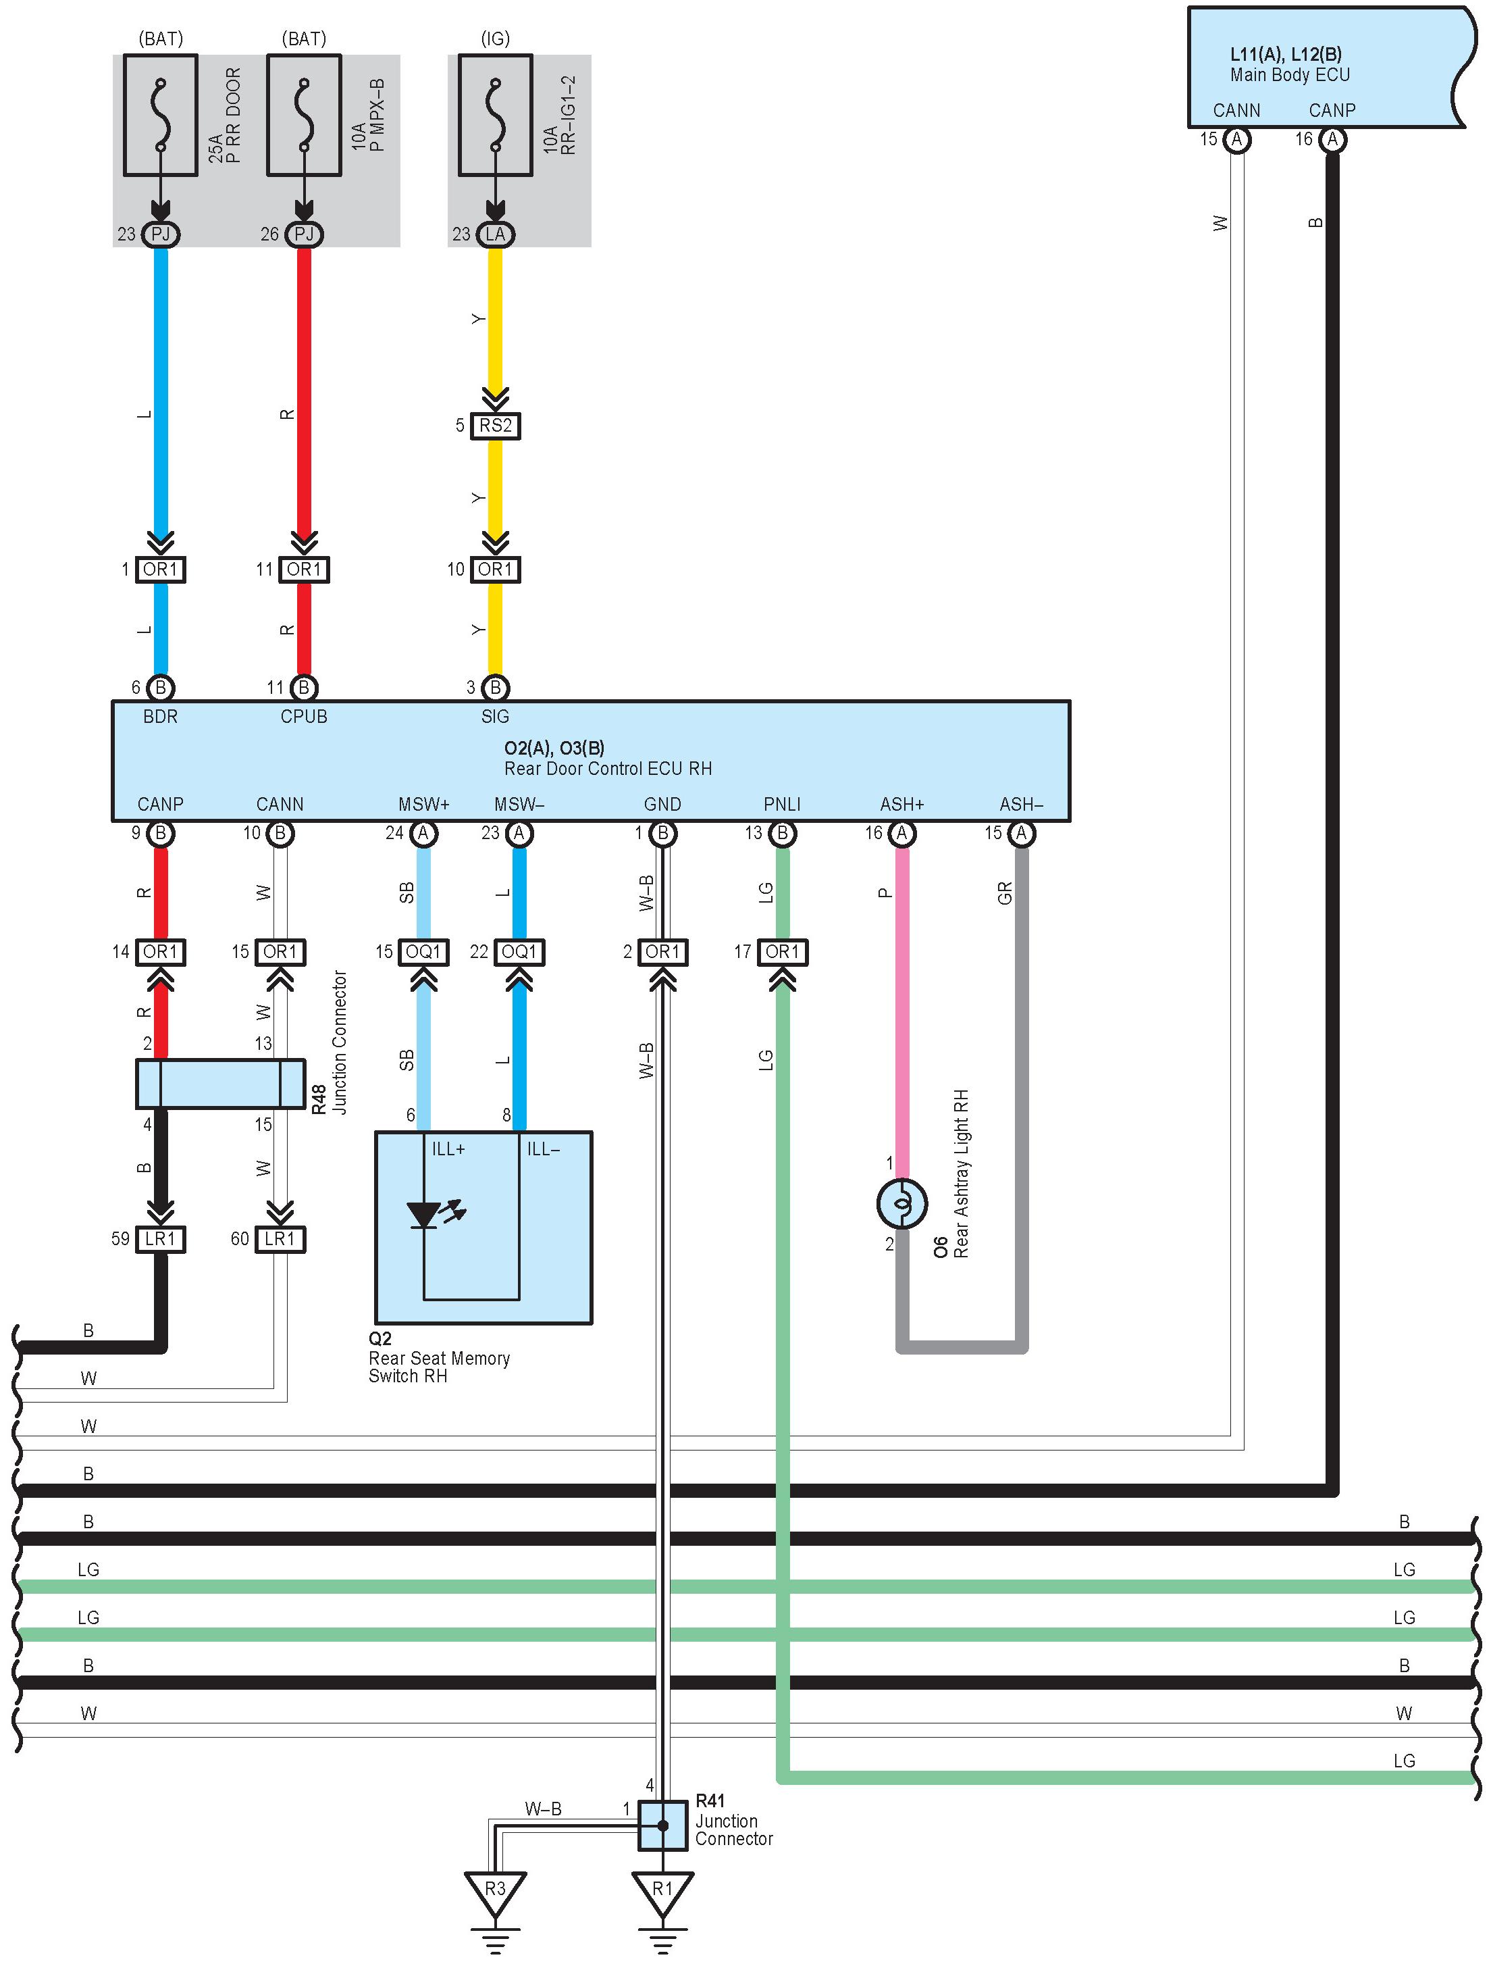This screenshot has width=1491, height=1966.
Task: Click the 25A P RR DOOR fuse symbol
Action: pyautogui.click(x=160, y=116)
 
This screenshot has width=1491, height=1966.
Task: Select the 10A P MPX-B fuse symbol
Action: pyautogui.click(x=304, y=116)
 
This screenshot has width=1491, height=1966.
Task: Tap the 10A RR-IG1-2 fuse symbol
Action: pyautogui.click(x=495, y=116)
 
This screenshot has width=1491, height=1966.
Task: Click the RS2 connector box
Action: pyautogui.click(x=496, y=426)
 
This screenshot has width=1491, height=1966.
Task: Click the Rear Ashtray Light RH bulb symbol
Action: pyautogui.click(x=902, y=1203)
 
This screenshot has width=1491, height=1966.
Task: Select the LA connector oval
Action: pyautogui.click(x=496, y=234)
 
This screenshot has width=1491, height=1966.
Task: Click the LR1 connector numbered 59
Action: pyautogui.click(x=161, y=1239)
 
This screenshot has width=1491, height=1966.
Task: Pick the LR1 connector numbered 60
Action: pyautogui.click(x=280, y=1239)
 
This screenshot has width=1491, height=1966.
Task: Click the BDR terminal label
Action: pyautogui.click(x=160, y=716)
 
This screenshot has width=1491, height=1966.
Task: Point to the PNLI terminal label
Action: pyautogui.click(x=782, y=805)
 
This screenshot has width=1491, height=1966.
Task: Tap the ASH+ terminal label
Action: pyautogui.click(x=902, y=805)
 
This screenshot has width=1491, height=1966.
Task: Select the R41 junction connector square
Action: pyautogui.click(x=663, y=1825)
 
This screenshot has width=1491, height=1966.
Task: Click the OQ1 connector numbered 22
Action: pyautogui.click(x=520, y=952)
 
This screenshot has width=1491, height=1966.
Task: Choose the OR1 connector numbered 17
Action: pyautogui.click(x=782, y=952)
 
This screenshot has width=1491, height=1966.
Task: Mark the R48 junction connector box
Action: pyautogui.click(x=220, y=1084)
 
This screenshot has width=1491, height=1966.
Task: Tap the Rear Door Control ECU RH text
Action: pyautogui.click(x=608, y=769)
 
